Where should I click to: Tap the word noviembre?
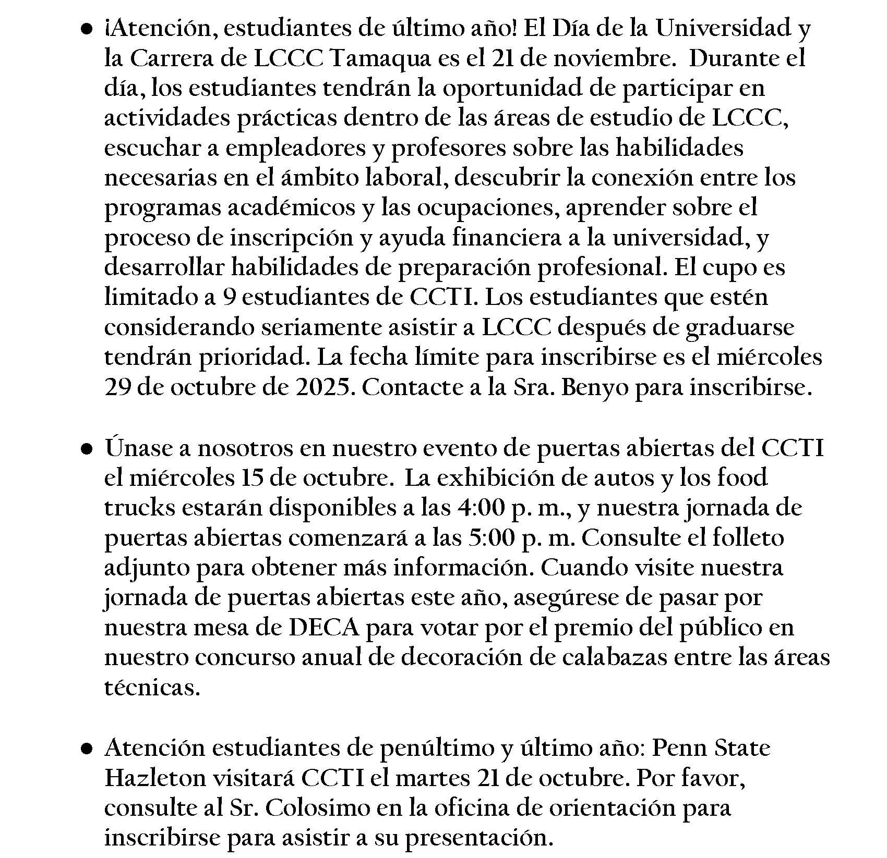click(612, 59)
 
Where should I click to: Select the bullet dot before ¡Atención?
click(87, 29)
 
